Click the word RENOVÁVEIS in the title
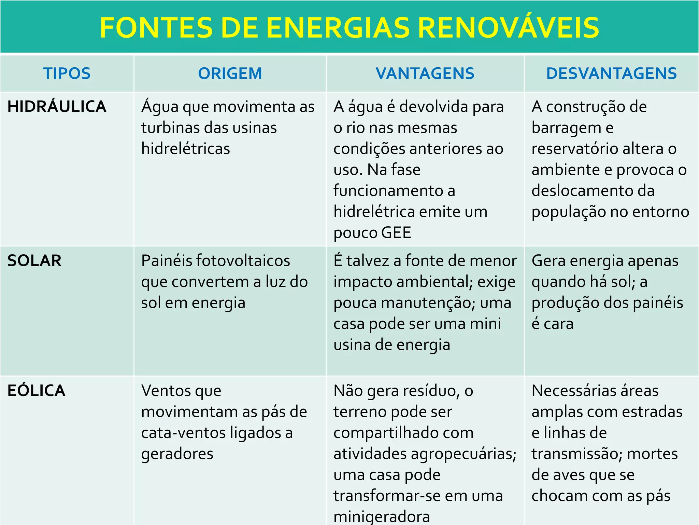click(508, 28)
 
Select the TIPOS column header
click(67, 73)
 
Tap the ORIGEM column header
click(230, 73)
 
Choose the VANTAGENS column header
click(425, 73)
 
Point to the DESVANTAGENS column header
click(611, 73)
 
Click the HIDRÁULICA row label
click(57, 107)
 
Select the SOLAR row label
click(34, 261)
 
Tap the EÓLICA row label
click(37, 391)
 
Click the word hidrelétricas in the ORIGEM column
click(186, 149)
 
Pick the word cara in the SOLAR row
click(558, 324)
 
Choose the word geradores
click(177, 454)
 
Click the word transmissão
click(576, 454)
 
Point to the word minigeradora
click(382, 516)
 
